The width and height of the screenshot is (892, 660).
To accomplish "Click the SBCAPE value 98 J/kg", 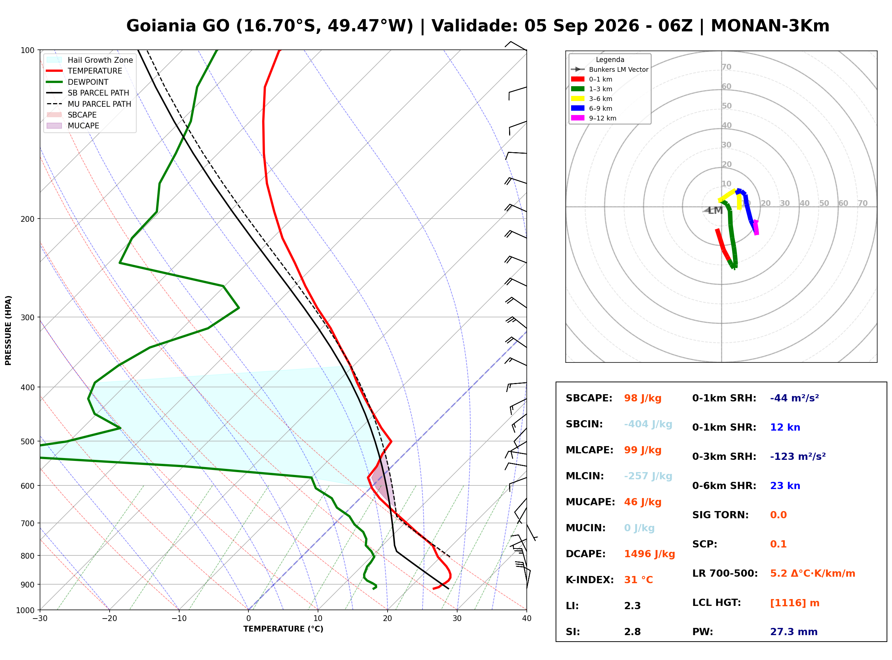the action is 642,398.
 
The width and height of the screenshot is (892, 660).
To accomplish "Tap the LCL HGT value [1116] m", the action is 795,603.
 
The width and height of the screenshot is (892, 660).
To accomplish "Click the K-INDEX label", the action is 590,580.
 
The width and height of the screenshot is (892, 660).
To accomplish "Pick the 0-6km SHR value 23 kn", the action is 785,486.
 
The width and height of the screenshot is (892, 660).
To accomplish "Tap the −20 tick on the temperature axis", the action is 109,619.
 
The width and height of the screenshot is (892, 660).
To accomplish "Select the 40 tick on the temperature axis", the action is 527,619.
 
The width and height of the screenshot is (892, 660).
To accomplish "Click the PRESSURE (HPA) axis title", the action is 8,330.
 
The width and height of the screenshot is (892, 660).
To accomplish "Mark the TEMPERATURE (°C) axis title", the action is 283,629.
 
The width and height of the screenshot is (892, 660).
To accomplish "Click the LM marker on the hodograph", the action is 715,211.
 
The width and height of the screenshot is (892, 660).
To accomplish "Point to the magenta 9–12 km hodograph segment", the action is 756,227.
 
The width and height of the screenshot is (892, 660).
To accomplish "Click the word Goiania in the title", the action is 178,26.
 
